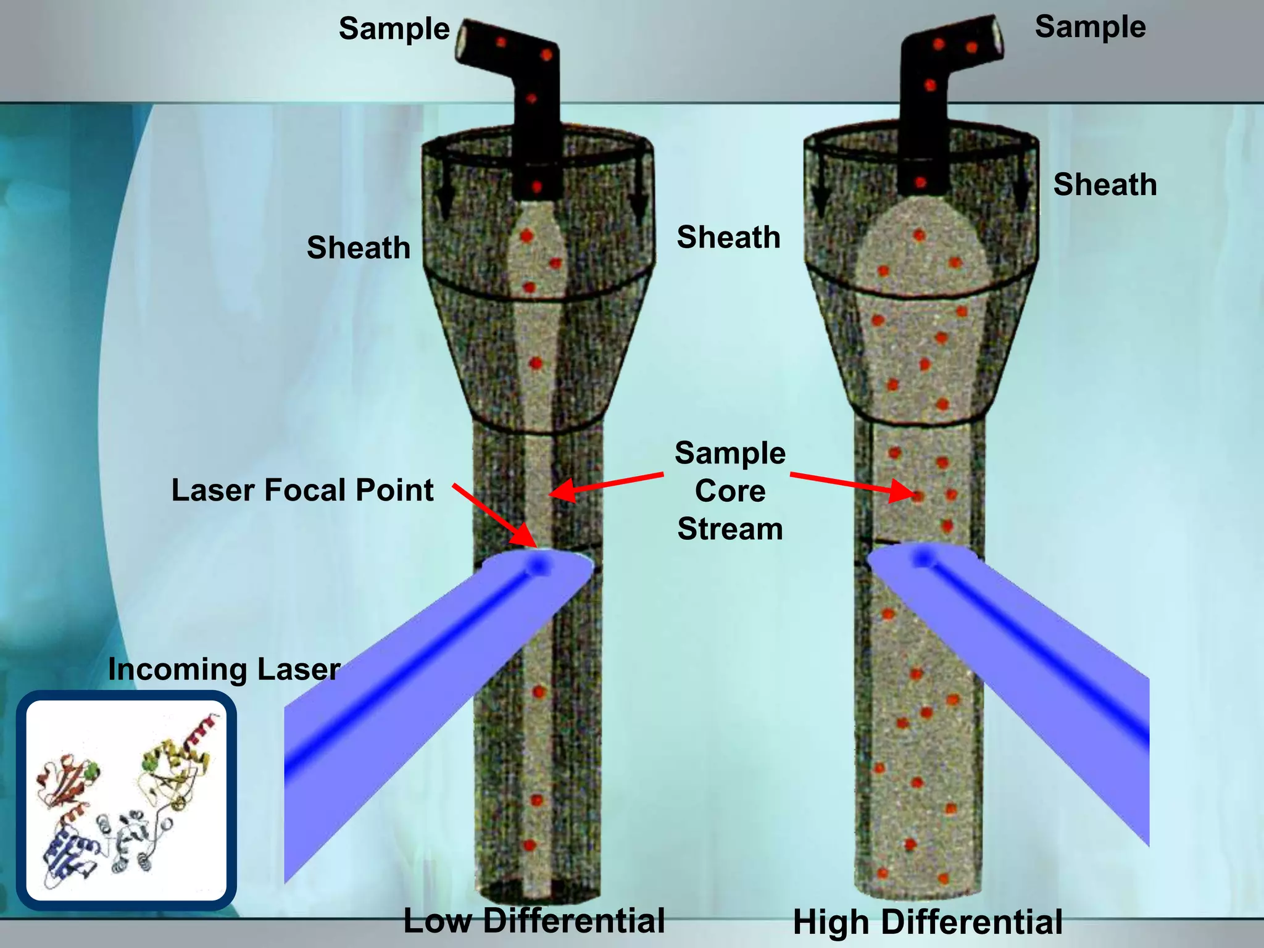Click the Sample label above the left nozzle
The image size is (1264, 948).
click(394, 29)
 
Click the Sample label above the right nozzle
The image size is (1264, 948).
click(1090, 27)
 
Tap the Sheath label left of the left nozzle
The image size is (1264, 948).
click(359, 247)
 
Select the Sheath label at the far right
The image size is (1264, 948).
click(1105, 185)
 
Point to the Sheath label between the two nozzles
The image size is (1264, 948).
click(728, 238)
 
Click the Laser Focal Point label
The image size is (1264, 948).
click(302, 490)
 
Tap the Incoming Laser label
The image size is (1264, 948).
click(224, 669)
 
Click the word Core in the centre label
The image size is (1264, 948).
click(730, 491)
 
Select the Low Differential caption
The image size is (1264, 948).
click(534, 921)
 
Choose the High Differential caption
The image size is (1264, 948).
click(928, 922)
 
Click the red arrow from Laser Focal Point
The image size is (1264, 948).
click(494, 515)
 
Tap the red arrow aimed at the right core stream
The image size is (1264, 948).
click(852, 484)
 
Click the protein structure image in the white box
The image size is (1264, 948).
click(127, 800)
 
